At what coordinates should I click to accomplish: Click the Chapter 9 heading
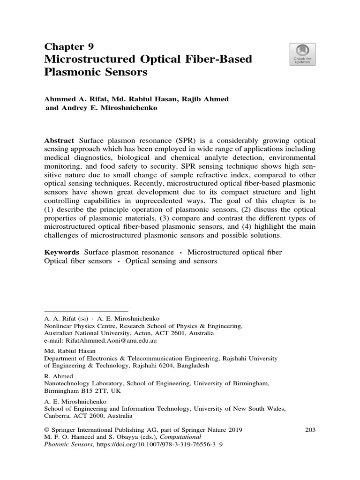coord(69,46)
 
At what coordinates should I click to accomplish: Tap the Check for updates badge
coord(303,54)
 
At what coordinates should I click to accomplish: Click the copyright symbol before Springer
coord(46,430)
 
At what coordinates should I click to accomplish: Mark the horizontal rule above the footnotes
coord(86,310)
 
